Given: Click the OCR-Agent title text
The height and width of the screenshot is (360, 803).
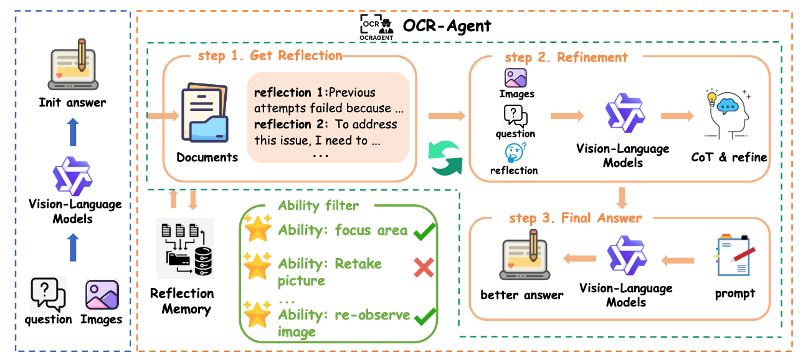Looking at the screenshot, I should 447,26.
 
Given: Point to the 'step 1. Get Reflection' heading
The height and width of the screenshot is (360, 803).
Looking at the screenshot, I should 270,55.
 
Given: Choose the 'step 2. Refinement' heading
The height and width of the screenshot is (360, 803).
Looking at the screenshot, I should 566,57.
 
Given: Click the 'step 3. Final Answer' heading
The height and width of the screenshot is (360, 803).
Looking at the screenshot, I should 576,218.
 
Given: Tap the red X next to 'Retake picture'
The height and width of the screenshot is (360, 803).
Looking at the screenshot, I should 424,268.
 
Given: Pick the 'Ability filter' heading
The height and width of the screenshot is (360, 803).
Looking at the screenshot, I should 318,206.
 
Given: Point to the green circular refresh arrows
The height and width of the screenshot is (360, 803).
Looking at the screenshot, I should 445,157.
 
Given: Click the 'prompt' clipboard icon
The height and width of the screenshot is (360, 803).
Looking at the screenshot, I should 736,255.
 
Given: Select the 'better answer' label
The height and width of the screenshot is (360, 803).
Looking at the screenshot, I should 522,295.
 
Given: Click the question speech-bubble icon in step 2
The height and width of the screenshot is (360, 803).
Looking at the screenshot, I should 515,116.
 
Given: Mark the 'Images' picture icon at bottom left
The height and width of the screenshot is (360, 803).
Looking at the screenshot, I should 102,296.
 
